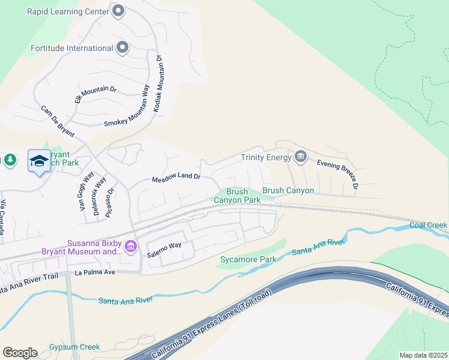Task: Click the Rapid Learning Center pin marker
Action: (x=118, y=10)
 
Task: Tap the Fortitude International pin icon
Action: (x=123, y=47)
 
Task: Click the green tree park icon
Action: (x=10, y=160)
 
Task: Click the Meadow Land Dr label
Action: (x=175, y=178)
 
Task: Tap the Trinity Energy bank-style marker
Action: (x=301, y=157)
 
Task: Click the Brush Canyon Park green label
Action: (x=237, y=196)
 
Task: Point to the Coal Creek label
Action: (x=428, y=225)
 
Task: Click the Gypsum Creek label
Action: (x=74, y=347)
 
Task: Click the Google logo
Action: (x=20, y=353)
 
